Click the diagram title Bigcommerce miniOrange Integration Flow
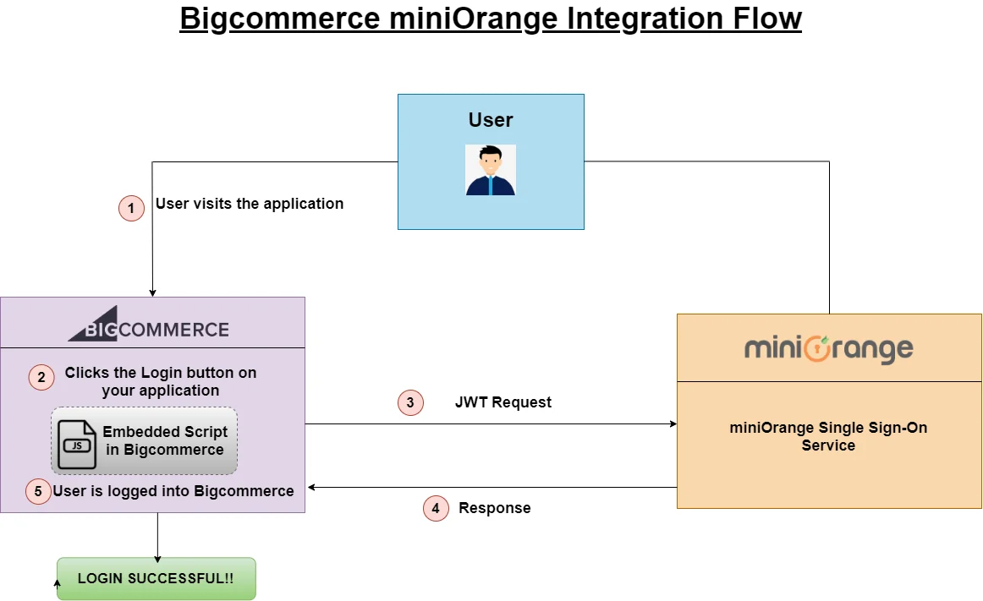(x=491, y=19)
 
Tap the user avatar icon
(x=491, y=170)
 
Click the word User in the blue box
(x=491, y=120)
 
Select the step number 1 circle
(x=131, y=208)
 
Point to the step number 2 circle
(x=41, y=377)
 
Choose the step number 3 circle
(x=410, y=403)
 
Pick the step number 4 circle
(x=436, y=508)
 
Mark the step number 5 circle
(x=38, y=491)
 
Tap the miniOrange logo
(x=828, y=349)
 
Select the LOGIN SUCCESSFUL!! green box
(x=156, y=579)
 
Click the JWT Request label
(x=503, y=402)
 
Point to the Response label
(x=495, y=508)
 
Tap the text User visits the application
(x=250, y=204)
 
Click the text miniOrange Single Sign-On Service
(x=828, y=436)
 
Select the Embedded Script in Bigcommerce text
(x=165, y=440)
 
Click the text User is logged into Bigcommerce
(x=173, y=491)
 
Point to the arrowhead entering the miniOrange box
(x=672, y=424)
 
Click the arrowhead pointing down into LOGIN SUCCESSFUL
(x=157, y=559)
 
